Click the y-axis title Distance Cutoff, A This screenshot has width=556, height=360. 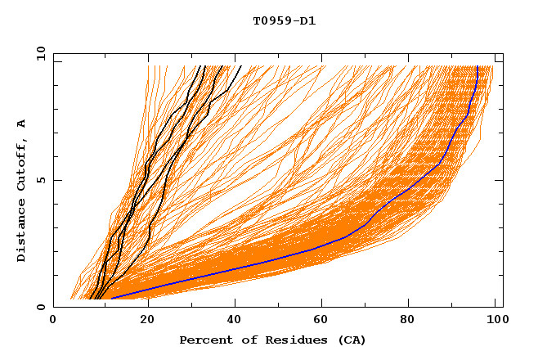pyautogui.click(x=22, y=191)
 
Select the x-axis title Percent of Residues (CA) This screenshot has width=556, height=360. pyautogui.click(x=272, y=340)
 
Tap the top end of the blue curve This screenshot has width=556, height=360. pyautogui.click(x=478, y=66)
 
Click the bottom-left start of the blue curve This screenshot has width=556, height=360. pyautogui.click(x=110, y=299)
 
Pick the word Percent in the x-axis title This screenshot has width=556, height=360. pyautogui.click(x=204, y=340)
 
